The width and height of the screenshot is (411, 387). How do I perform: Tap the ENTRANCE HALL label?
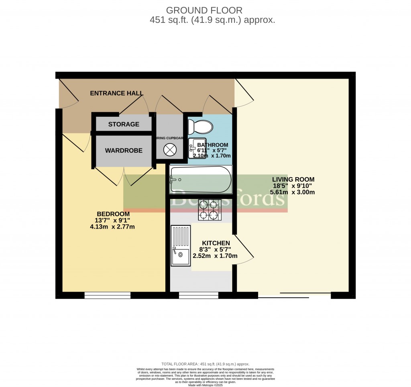116,93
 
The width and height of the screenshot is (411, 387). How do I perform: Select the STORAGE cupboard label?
124,124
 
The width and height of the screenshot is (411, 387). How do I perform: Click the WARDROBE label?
124,151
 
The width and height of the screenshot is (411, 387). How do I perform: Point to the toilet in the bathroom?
201,127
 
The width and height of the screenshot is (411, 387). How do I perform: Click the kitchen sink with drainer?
181,246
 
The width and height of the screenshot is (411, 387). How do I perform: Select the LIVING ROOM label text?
293,179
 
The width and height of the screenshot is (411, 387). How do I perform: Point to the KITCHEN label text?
216,243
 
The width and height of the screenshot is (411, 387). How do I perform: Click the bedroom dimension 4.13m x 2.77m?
112,227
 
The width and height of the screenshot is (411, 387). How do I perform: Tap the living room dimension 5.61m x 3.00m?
293,192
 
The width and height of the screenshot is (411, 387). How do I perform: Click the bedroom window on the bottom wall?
108,296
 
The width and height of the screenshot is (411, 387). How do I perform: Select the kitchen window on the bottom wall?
198,296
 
